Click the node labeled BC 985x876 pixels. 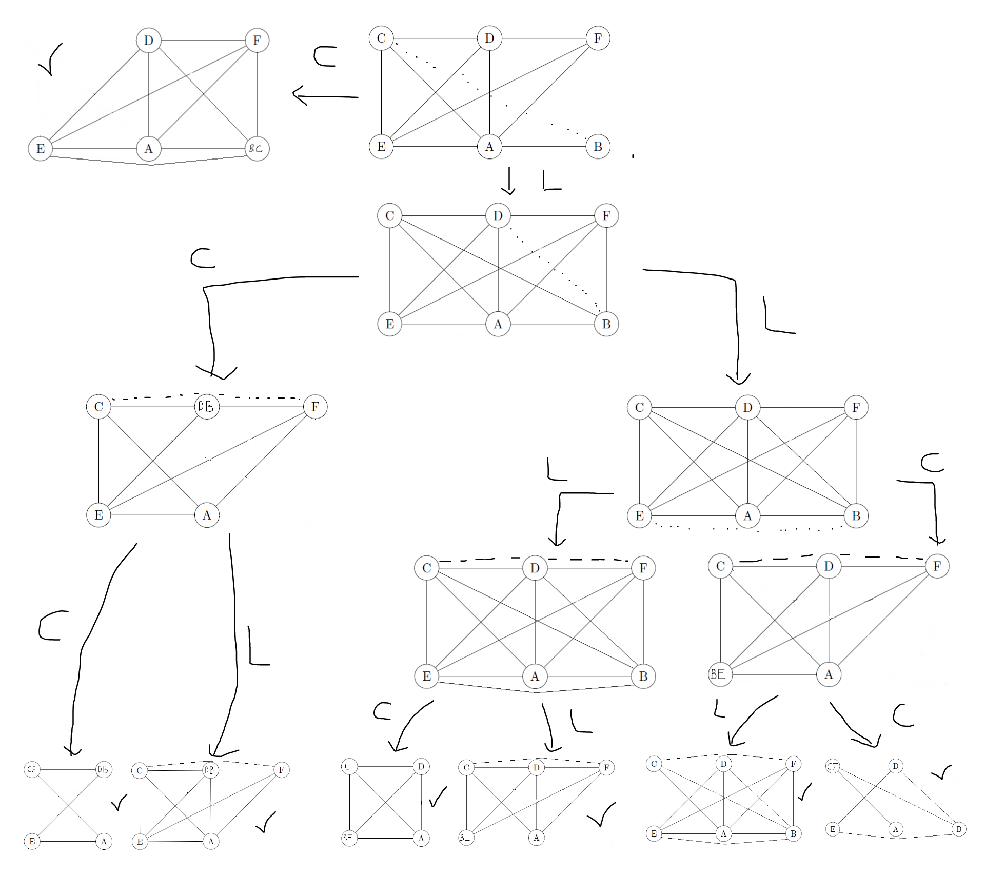(x=257, y=149)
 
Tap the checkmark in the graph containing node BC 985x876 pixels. (x=49, y=61)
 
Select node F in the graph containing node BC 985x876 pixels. (x=257, y=40)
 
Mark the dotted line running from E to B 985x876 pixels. (x=749, y=528)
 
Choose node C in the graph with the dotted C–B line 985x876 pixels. (x=381, y=38)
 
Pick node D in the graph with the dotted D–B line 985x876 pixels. (x=498, y=215)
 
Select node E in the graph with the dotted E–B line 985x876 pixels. (x=639, y=515)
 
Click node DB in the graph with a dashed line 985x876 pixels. (x=207, y=407)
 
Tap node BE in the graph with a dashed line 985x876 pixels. (x=720, y=674)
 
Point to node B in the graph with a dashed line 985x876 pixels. (x=643, y=676)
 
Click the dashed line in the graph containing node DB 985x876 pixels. (x=205, y=396)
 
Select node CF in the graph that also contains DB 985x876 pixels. (x=32, y=769)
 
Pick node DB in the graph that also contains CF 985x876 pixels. (x=103, y=769)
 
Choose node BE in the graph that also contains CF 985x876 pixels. (x=348, y=838)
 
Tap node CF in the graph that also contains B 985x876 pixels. (x=832, y=767)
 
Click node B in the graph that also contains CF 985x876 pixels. (x=958, y=829)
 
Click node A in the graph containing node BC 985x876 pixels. (x=148, y=149)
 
